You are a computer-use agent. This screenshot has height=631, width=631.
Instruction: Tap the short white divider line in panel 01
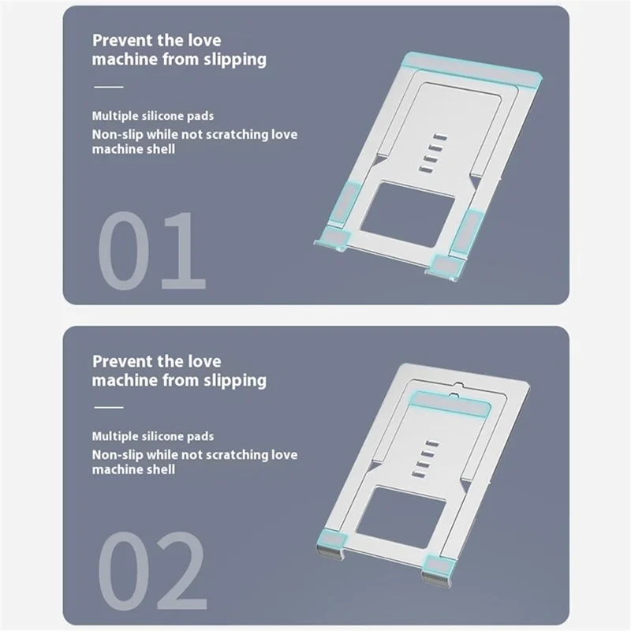[x=109, y=86]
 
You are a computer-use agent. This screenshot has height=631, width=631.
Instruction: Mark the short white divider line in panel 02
[x=109, y=407]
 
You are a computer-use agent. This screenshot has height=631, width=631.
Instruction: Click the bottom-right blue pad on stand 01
[x=446, y=265]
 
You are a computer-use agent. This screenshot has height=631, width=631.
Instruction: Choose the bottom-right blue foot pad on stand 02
[x=435, y=563]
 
